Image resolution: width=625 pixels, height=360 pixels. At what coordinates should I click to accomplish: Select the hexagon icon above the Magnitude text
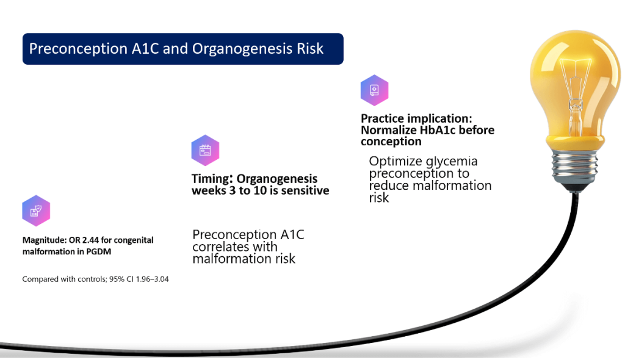click(x=36, y=211)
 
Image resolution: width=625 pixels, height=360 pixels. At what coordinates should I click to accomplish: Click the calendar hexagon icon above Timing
click(x=205, y=150)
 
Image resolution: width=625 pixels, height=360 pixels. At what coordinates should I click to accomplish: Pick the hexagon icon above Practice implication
click(x=374, y=90)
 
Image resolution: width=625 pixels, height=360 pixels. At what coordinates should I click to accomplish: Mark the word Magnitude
click(x=45, y=240)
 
